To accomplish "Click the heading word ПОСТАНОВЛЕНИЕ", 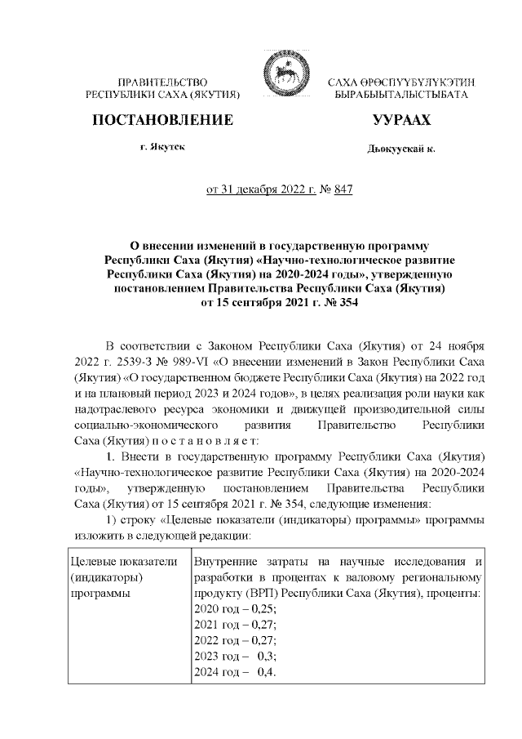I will click(163, 120).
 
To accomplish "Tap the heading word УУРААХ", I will click(400, 120).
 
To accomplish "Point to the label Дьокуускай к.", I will click(401, 149).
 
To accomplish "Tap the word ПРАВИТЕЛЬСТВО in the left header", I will click(163, 83).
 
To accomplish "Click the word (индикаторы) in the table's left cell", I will click(106, 578).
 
